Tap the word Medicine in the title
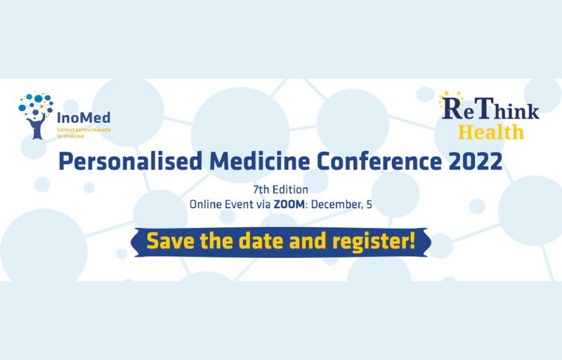coord(259,161)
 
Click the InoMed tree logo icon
coord(36,115)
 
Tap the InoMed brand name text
coord(84,117)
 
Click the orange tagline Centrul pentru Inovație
coord(84,129)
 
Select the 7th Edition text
coord(280,190)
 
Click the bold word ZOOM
coord(289,205)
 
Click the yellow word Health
coord(490,132)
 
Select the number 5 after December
coord(369,205)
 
